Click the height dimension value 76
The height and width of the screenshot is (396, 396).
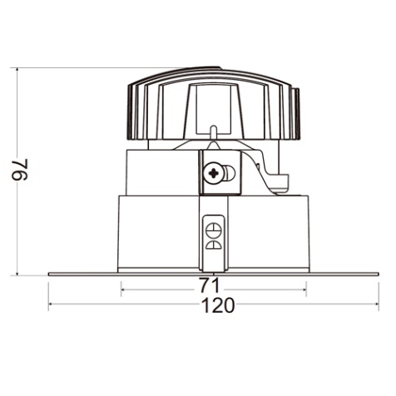tap(20, 170)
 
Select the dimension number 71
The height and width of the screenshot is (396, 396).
tap(210, 285)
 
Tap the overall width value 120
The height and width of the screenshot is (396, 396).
tap(218, 305)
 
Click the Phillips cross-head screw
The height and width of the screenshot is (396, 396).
tap(214, 174)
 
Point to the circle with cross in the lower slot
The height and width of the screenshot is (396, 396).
tap(214, 230)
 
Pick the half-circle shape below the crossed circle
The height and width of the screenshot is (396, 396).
tap(214, 245)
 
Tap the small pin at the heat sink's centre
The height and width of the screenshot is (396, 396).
tap(213, 132)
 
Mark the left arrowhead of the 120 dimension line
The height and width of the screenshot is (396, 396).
tap(51, 304)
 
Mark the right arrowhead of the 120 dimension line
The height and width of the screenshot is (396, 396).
tap(377, 304)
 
